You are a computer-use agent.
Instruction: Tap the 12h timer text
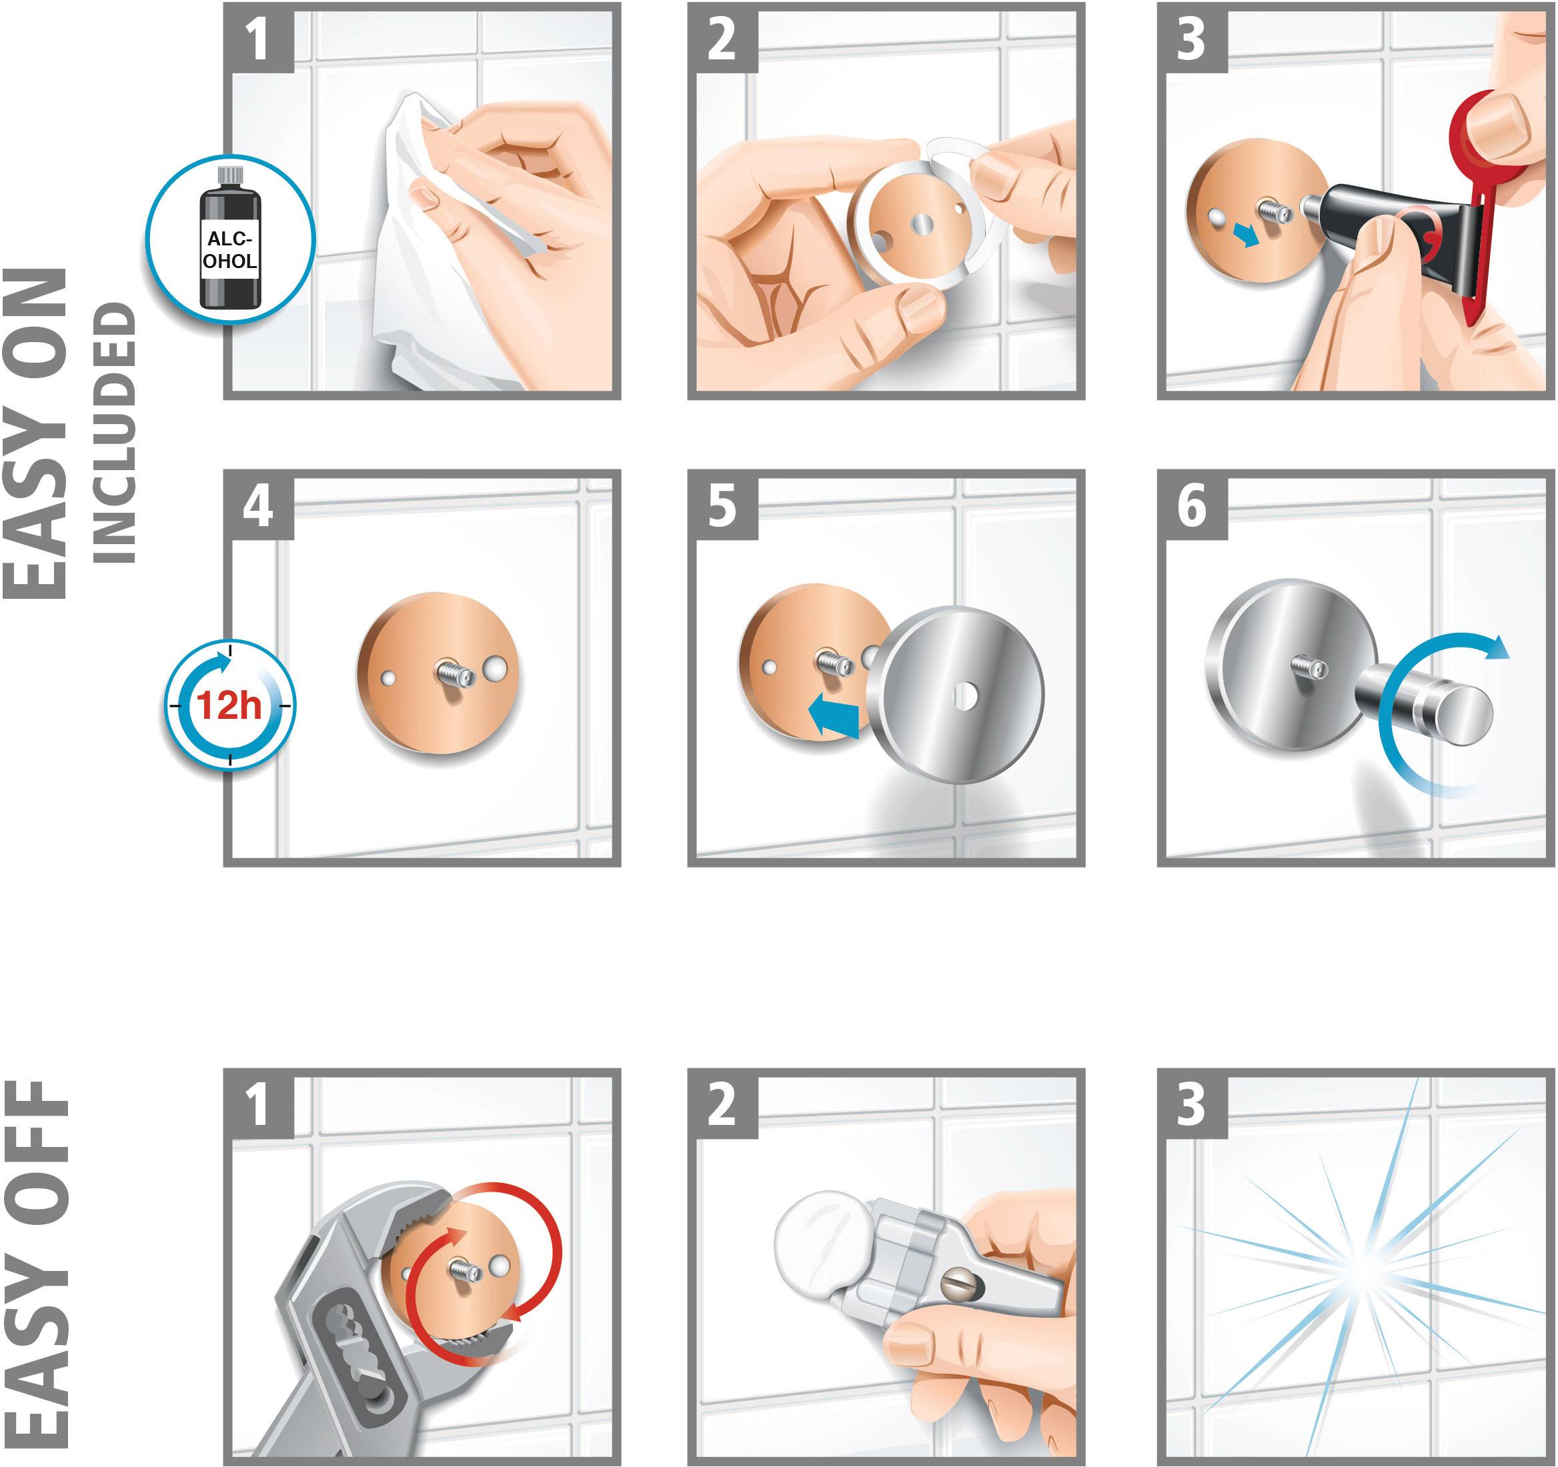[x=229, y=705]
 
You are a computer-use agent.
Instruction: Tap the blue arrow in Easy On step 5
[x=833, y=715]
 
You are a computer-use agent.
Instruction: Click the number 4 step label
[x=259, y=505]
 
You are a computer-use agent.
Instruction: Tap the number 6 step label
[x=1191, y=505]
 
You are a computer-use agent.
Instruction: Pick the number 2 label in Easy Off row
[x=722, y=1104]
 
